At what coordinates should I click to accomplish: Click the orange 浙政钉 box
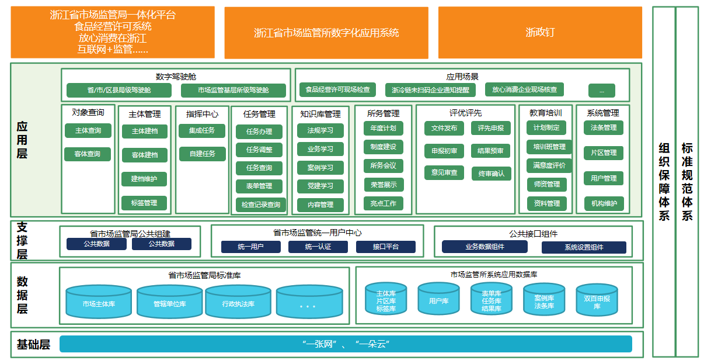pyautogui.click(x=540, y=33)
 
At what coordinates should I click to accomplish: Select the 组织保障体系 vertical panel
pyautogui.click(x=663, y=181)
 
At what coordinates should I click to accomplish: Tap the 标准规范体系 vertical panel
pyautogui.click(x=686, y=181)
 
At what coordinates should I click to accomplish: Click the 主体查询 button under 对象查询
pyautogui.click(x=88, y=130)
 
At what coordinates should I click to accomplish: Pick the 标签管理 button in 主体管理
pyautogui.click(x=144, y=203)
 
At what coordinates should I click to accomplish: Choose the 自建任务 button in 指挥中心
pyautogui.click(x=202, y=154)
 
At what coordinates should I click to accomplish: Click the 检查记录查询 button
pyautogui.click(x=261, y=205)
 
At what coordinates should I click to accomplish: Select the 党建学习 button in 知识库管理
pyautogui.click(x=320, y=186)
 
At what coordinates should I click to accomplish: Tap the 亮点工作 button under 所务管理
pyautogui.click(x=383, y=203)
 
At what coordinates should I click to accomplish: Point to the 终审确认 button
pyautogui.click(x=491, y=173)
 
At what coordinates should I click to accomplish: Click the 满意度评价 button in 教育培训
pyautogui.click(x=549, y=165)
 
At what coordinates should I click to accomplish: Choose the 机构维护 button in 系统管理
pyautogui.click(x=604, y=203)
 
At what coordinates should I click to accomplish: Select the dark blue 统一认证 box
pyautogui.click(x=318, y=247)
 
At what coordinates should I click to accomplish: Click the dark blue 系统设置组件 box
pyautogui.click(x=584, y=247)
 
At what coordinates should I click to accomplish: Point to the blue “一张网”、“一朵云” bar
pyautogui.click(x=346, y=344)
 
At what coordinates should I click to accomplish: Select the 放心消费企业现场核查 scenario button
pyautogui.click(x=524, y=90)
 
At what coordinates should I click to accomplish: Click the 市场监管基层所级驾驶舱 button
pyautogui.click(x=233, y=91)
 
